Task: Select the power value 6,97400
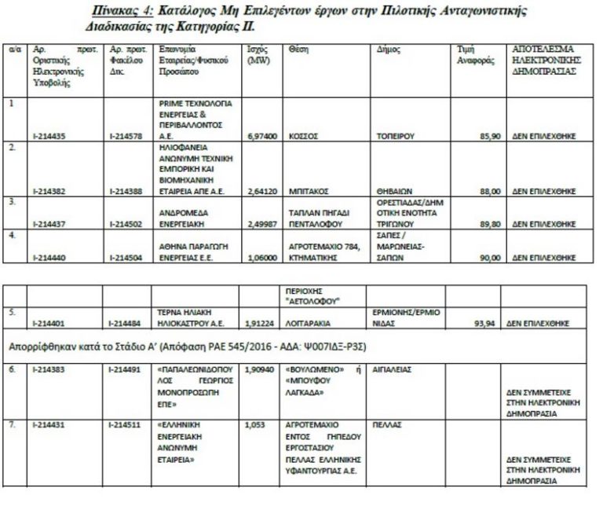click(262, 136)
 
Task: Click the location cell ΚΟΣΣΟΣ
click(303, 136)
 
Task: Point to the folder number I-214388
click(125, 191)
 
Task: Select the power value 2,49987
click(262, 224)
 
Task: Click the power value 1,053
click(256, 424)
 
